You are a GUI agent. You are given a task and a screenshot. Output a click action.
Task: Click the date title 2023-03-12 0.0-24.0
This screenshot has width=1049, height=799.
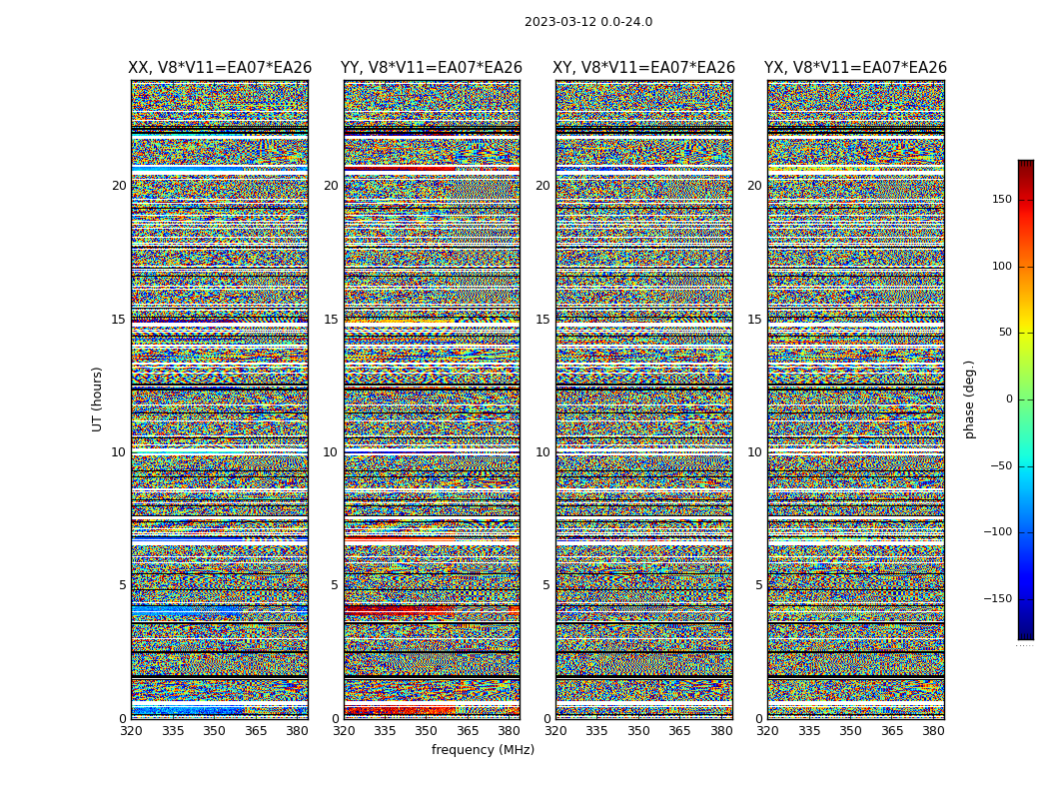(x=587, y=22)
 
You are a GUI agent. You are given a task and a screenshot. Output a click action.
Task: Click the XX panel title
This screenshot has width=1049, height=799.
(x=220, y=68)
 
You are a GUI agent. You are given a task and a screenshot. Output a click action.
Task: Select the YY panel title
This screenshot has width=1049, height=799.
(x=432, y=68)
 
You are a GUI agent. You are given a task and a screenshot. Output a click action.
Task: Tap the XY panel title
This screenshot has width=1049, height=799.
(x=644, y=68)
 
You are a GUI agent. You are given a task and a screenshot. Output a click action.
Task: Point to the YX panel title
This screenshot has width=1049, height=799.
(x=855, y=68)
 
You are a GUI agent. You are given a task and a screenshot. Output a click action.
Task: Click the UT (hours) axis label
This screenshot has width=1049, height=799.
(x=98, y=399)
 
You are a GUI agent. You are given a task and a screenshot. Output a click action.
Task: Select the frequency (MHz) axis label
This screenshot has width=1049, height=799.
(x=483, y=750)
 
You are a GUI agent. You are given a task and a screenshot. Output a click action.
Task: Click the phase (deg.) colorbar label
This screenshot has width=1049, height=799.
(x=969, y=399)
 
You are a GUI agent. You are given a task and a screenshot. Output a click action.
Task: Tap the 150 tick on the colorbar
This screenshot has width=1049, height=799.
(x=1000, y=200)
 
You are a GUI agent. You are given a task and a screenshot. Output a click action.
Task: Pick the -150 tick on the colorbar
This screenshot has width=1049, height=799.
(x=997, y=599)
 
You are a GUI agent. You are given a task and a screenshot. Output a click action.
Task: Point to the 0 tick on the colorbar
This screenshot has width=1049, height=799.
(x=1009, y=399)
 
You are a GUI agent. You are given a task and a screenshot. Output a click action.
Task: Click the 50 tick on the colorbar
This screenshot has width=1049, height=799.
(x=1003, y=333)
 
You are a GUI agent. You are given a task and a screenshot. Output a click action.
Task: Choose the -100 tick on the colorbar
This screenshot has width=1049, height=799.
(x=997, y=532)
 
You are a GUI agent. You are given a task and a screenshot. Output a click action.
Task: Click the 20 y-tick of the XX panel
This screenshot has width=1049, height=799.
(x=119, y=186)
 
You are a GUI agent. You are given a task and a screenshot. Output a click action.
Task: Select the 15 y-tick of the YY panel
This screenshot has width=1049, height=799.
(x=331, y=320)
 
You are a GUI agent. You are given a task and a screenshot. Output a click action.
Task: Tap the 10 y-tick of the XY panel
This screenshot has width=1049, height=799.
(x=542, y=452)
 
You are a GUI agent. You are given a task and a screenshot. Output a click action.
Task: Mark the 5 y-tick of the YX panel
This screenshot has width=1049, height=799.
(x=758, y=585)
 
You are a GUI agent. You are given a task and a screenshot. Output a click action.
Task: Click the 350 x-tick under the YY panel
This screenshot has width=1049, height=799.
(x=427, y=731)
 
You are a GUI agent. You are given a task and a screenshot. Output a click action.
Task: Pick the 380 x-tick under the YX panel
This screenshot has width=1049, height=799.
(x=933, y=731)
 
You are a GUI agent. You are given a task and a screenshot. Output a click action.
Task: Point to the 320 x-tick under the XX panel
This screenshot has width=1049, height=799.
(x=131, y=731)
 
